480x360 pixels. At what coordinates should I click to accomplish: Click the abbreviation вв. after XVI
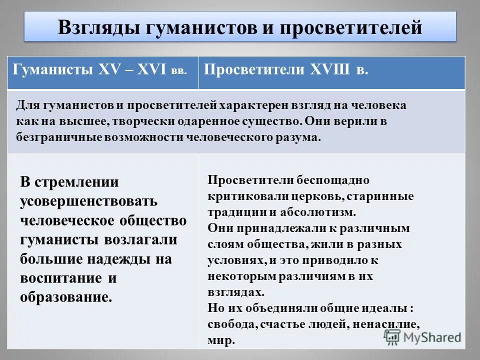point(178,71)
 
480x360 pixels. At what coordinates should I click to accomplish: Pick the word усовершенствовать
point(89,201)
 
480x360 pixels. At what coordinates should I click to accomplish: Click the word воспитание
point(60,278)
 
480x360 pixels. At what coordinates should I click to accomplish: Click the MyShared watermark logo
point(422,337)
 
